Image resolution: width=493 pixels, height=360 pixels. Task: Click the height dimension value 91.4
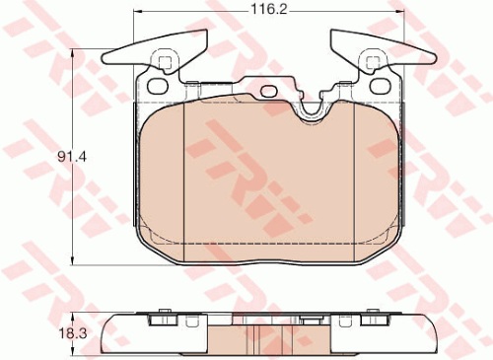72,157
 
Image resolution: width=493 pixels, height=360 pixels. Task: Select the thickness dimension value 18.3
73,333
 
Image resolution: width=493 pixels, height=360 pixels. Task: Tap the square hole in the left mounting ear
165,62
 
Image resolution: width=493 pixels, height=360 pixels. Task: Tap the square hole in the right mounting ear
372,62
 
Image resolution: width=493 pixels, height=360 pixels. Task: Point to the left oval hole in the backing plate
158,86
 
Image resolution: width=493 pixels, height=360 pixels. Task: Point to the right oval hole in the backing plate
380,86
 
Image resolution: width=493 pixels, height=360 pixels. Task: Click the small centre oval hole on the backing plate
269,91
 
